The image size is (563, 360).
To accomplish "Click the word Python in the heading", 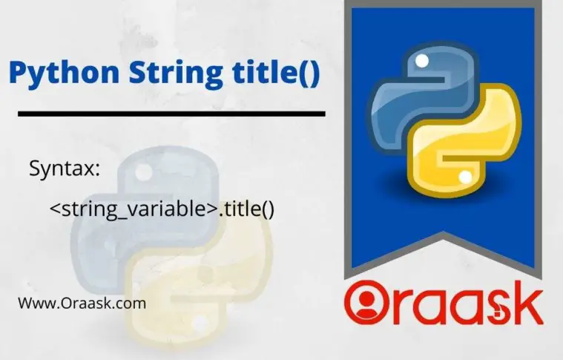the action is (x=64, y=73).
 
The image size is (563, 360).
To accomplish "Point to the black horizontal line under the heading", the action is (x=171, y=114).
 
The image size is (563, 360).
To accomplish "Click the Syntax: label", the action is (x=65, y=168).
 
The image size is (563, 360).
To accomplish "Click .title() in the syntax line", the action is (x=246, y=209).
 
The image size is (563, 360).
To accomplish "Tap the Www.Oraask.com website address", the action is (x=82, y=304).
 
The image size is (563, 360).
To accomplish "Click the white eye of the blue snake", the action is (x=421, y=61).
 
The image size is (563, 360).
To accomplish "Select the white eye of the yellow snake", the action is (x=465, y=177).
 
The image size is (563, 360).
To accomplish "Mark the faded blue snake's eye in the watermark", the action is (x=142, y=171).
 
